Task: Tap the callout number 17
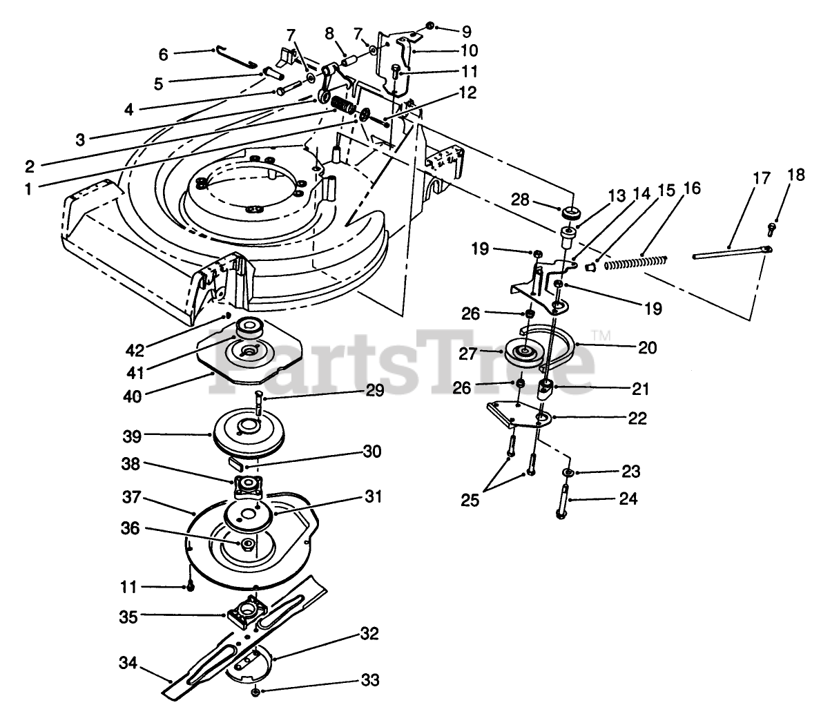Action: click(x=761, y=178)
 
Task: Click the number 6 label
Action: click(x=164, y=53)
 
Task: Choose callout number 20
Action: click(x=648, y=348)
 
